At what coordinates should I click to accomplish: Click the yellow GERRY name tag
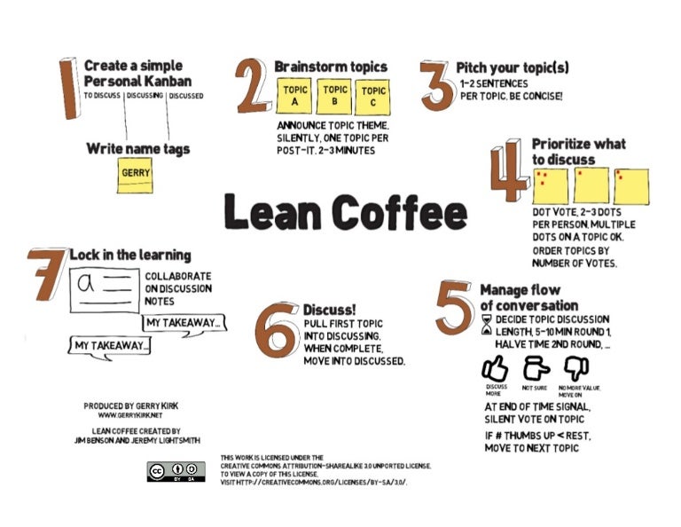136,175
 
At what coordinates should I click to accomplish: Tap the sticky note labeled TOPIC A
294,97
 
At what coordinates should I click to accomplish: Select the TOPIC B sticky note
335,96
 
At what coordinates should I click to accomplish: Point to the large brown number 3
435,86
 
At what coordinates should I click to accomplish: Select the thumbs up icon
495,368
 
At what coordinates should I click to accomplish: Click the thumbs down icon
577,368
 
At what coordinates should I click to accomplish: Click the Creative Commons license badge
176,472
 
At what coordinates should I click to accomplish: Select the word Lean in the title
270,213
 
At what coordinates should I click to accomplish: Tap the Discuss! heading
329,310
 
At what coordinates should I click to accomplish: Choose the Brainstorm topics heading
330,67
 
